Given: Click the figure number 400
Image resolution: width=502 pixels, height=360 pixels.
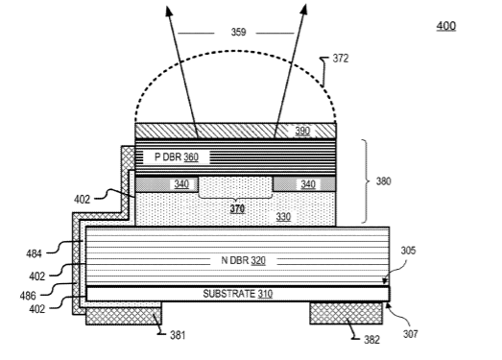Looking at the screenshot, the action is coord(446,26).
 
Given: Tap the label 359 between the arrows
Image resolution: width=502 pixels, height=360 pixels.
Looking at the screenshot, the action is coord(238,32).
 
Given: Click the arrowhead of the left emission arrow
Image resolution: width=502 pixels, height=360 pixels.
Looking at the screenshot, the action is coord(169,12).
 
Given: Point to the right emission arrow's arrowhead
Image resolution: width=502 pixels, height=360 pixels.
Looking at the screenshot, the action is coord(304,10).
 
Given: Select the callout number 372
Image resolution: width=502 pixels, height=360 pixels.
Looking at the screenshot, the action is coord(341,59).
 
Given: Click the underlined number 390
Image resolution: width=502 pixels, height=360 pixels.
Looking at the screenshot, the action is coord(302,131).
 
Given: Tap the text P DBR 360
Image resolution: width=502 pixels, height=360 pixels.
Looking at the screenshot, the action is coord(177,156).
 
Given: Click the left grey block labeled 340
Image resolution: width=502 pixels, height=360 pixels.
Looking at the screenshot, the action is coord(166,184).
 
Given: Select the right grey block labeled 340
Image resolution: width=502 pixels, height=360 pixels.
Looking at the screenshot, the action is coord(304,184).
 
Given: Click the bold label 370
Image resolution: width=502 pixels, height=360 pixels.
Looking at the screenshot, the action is coord(237,209).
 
